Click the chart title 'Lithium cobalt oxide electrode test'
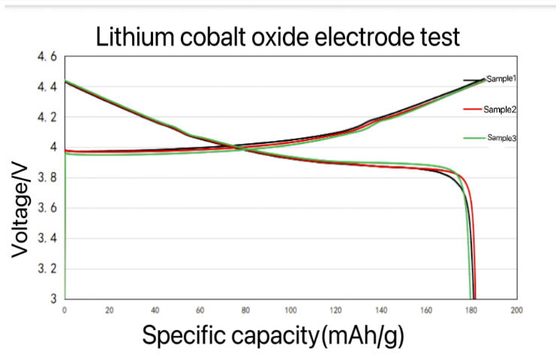point(277,36)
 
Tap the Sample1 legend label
point(501,79)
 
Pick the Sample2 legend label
point(501,109)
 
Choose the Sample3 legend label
point(501,137)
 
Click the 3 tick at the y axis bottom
point(51,298)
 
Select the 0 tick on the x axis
point(65,310)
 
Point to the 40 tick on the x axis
point(155,310)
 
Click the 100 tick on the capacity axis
point(290,310)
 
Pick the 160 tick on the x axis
point(425,310)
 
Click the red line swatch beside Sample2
point(473,109)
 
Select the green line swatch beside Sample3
point(473,137)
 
